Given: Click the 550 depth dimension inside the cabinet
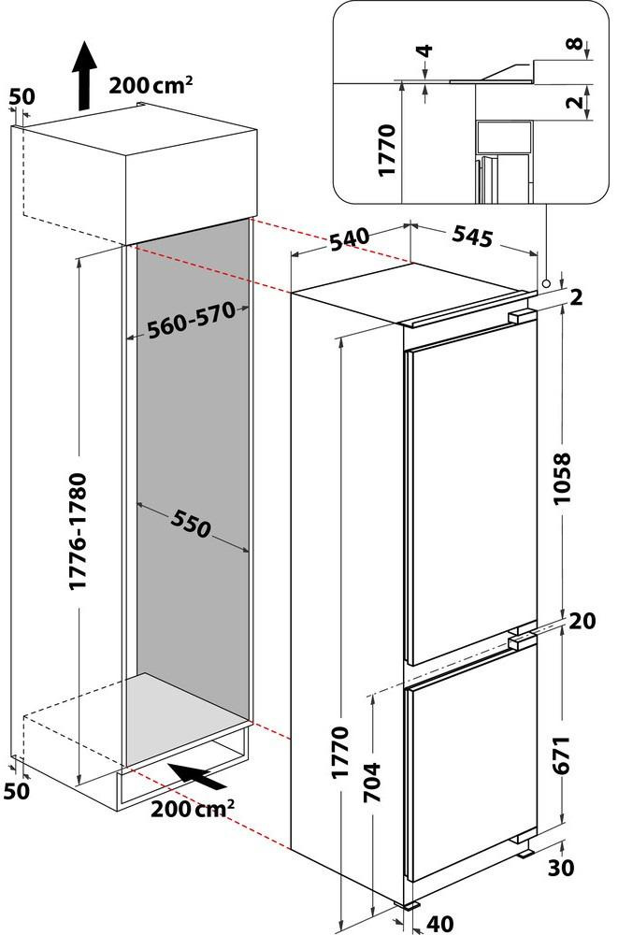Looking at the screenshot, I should (x=192, y=528).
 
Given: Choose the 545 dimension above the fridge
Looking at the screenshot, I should (x=472, y=237).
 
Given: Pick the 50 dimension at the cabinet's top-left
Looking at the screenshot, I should (x=21, y=96).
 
